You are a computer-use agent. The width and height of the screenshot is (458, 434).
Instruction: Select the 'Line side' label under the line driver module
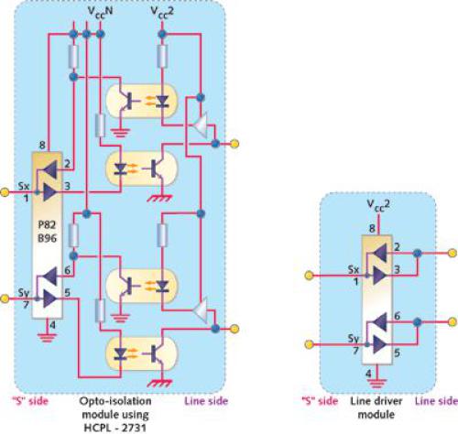tap(436, 401)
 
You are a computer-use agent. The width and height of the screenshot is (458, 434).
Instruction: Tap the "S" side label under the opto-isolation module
tap(21, 401)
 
